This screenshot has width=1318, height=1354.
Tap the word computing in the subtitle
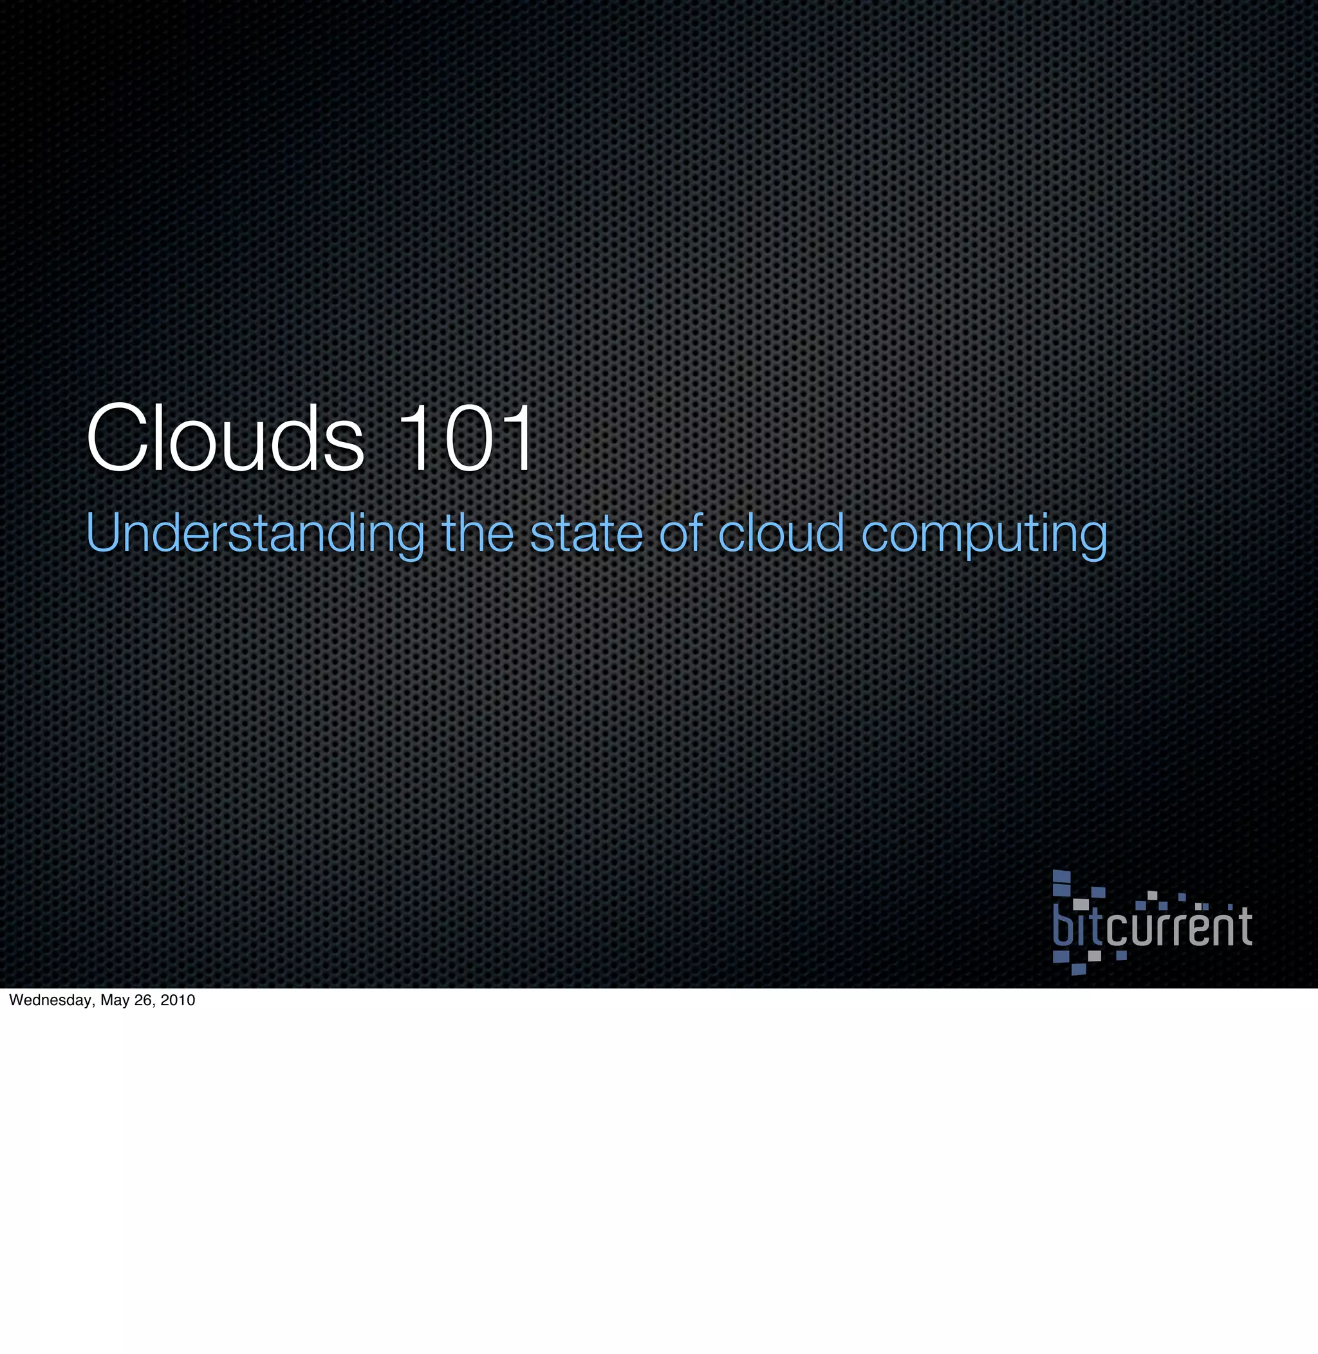983,534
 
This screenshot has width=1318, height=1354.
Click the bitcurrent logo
1152,923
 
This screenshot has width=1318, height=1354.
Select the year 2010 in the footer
178,1000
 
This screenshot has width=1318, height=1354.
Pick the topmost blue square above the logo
1061,876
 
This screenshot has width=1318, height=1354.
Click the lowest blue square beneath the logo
1079,969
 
